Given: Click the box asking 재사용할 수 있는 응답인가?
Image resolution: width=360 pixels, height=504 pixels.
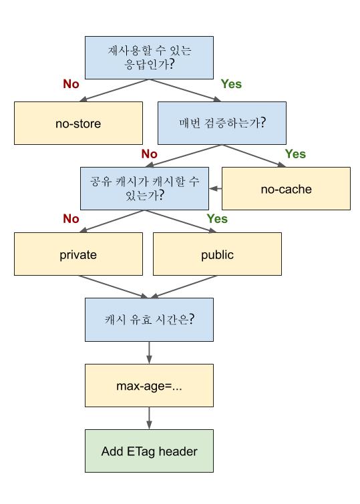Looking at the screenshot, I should point(149,57).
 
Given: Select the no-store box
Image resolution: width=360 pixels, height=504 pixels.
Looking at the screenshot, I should point(78,123).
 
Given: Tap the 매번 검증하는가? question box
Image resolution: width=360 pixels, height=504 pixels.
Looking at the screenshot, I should point(221,123).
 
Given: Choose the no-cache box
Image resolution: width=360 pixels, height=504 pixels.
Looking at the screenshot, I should point(286,188).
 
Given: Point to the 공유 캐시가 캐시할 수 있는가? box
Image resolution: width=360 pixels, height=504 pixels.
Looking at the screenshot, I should point(144,188).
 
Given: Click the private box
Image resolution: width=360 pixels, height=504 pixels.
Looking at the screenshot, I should point(78,254).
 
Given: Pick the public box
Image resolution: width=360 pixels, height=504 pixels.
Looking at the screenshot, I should point(217,254).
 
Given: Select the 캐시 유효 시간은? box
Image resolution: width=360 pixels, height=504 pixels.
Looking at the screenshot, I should point(149,319).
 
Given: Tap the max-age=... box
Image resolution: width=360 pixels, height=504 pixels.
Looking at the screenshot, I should point(149,386).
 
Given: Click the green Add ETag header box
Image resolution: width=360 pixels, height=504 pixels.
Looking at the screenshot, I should point(149,451).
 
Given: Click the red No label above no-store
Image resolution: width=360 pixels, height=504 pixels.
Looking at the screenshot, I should point(71,85).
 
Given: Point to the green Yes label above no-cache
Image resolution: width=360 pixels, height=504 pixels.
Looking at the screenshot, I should point(295,154).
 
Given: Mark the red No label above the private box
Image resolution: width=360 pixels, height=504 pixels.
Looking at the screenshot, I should point(71,219).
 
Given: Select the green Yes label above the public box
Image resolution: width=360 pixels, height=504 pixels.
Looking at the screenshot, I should point(217,219).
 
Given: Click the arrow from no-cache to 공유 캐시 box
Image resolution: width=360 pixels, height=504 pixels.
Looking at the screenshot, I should point(214,189).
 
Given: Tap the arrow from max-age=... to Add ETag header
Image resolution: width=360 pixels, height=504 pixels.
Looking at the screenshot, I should point(149,419).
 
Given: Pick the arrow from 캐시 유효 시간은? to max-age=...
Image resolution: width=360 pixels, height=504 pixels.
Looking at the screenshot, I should point(149,352).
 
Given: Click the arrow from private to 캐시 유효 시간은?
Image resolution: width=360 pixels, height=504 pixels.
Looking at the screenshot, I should point(114,287).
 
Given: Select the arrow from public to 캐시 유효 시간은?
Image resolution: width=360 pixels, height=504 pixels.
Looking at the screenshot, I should point(184,287).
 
